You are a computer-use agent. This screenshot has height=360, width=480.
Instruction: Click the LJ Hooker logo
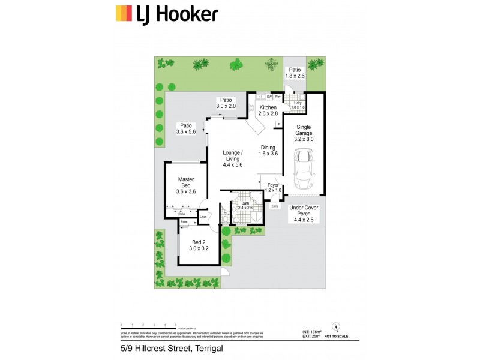point(167,13)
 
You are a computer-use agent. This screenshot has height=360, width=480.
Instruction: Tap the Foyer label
point(273,187)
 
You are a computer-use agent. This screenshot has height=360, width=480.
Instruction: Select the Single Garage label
point(304,135)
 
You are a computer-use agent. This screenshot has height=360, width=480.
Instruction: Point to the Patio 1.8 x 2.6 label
point(294,73)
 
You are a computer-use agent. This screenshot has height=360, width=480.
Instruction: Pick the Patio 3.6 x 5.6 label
point(187,128)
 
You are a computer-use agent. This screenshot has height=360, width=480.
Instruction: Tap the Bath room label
point(245,205)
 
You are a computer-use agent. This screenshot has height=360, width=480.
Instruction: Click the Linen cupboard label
point(203,216)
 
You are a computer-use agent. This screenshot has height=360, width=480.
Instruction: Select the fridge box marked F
point(278,125)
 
